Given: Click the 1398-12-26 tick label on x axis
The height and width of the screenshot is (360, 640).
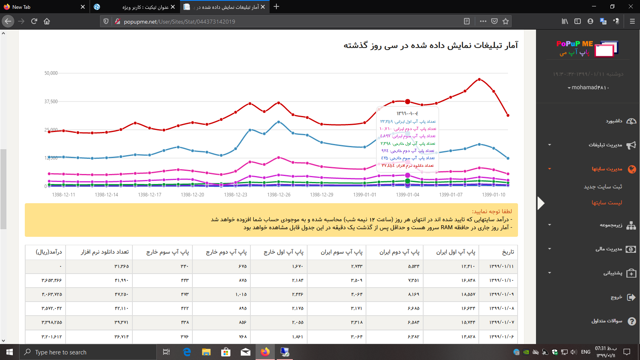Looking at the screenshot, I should pos(279,195).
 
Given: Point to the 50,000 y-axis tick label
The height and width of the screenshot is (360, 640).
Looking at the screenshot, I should pos(51,73).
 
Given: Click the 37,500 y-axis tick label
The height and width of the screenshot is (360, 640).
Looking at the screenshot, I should pos(51,102).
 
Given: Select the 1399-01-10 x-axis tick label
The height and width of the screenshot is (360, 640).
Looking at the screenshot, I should pos(494,195).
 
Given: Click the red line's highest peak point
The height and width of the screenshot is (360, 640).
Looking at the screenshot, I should pos(479,80).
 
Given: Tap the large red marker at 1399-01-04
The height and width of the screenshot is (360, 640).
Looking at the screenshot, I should pos(408,102).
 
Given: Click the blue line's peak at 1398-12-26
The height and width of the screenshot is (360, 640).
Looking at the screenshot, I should pos(279,122).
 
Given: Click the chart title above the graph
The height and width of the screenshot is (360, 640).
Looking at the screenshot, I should pos(430,46).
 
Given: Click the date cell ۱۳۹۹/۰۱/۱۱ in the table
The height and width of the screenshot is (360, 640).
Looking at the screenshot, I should pos(501,266).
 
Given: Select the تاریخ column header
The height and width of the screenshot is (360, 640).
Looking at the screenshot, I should pos(508,252).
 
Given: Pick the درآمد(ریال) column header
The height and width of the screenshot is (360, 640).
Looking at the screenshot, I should pos(49,252).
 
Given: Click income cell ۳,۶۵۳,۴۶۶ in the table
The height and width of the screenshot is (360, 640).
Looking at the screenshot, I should pos(52,280).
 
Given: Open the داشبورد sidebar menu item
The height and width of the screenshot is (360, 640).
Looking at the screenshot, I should pos(614,121).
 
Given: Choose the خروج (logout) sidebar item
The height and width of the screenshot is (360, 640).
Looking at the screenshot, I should pos(616,297).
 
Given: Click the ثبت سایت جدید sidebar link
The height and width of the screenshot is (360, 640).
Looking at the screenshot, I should pos(603,187).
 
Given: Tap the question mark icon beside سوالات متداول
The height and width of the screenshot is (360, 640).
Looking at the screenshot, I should pos(632,321).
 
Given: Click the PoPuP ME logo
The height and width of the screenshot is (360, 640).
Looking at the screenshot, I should pos(587,48).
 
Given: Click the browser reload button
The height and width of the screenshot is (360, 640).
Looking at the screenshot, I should pos(34,21).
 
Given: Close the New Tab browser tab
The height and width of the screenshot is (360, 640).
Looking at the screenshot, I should pos(83,7).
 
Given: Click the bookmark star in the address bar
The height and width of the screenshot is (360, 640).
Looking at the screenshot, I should pos(506,21).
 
